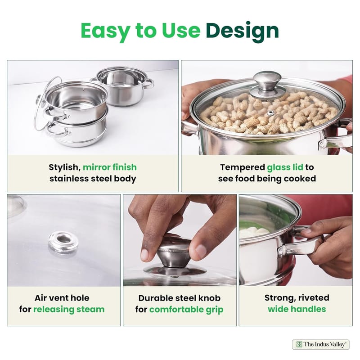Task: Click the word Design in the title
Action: (x=242, y=31)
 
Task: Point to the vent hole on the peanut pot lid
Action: (x=271, y=112)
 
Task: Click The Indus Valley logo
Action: (x=321, y=344)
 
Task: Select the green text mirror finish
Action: (x=110, y=167)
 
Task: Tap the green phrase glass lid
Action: (x=285, y=167)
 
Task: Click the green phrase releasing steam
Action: (x=69, y=309)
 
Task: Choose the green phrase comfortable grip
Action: (x=186, y=310)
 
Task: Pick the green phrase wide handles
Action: (x=297, y=309)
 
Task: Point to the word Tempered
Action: (x=243, y=167)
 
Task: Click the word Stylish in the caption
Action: (x=64, y=167)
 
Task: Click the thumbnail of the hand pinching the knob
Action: (x=180, y=240)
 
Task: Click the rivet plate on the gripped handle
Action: (x=280, y=251)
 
